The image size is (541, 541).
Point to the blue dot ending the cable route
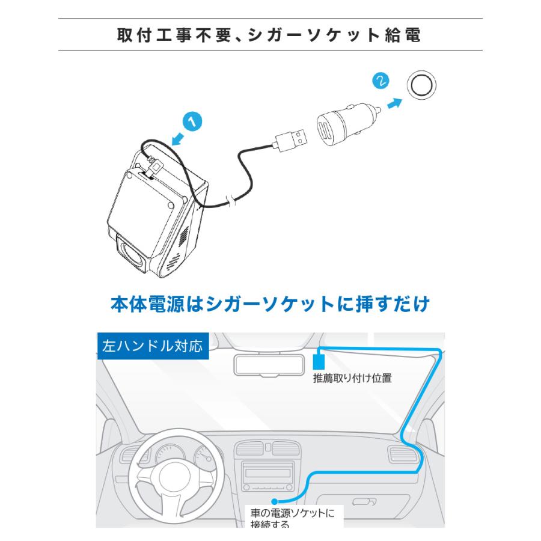pyautogui.click(x=274, y=500)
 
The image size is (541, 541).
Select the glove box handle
pyautogui.click(x=364, y=501)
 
